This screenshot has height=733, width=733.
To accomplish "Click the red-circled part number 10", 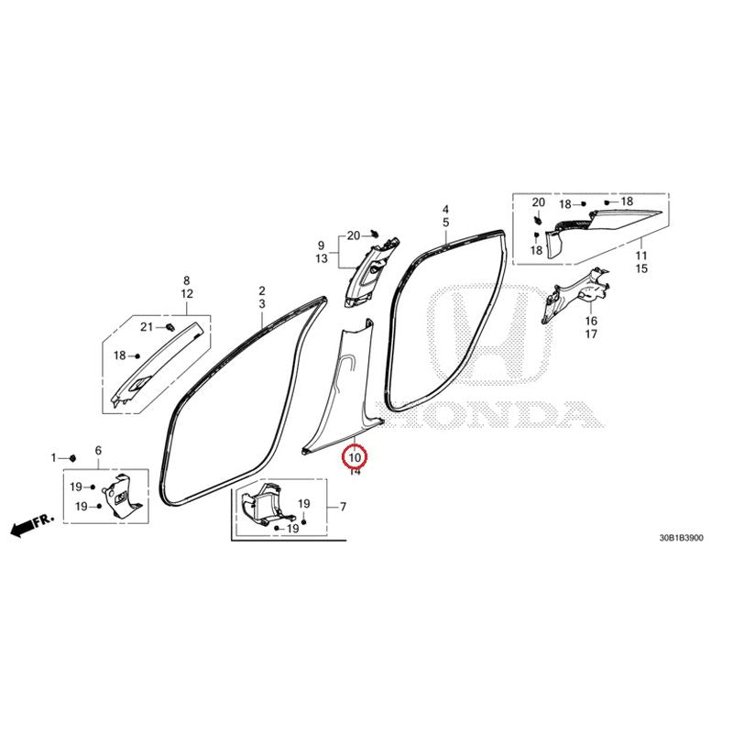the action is click(x=355, y=457).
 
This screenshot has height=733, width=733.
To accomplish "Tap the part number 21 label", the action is click(x=147, y=327).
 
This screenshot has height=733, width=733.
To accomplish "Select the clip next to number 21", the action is click(x=170, y=326).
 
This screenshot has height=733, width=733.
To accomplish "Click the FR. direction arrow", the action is click(x=31, y=526).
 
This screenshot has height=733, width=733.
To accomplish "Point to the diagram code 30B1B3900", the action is click(x=681, y=538).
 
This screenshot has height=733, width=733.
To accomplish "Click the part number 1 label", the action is click(x=53, y=457).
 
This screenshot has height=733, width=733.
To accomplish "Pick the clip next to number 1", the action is click(x=72, y=457).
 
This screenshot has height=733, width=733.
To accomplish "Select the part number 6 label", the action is click(x=98, y=451).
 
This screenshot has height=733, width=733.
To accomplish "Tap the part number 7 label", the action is click(x=343, y=507).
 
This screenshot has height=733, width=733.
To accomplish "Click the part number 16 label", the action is click(x=591, y=321).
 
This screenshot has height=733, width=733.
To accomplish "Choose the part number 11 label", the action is click(x=641, y=256).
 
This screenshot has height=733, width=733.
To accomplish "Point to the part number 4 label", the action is click(x=446, y=210).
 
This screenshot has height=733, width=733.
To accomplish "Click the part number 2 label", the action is click(x=262, y=290).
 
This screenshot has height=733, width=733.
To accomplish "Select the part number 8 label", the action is click(x=187, y=280).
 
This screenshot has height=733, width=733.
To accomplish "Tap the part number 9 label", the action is click(x=322, y=245).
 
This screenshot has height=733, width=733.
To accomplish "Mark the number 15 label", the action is click(x=641, y=268).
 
